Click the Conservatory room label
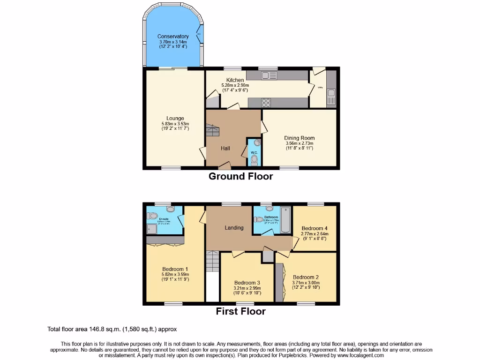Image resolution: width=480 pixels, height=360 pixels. pos(173,37)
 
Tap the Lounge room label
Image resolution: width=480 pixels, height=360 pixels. pos(175,118)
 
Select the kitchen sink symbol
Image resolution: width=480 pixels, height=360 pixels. pos(270,75)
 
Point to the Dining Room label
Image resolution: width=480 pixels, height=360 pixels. pos(299,138)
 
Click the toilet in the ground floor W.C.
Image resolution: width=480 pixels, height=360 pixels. pos(254,160)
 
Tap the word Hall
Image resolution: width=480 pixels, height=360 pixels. pos(225,149)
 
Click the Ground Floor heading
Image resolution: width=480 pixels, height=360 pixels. pos(240,177)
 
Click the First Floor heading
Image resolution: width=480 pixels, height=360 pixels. pos(240,311)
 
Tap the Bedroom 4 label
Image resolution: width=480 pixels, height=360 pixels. pos(315,229)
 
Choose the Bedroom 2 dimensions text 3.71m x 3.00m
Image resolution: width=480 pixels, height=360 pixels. pos(306,283)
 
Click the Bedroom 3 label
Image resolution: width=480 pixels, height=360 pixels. pos(247,283)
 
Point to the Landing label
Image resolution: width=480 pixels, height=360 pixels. pos(234,228)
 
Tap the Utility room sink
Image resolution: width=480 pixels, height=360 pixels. pos(331,97)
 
